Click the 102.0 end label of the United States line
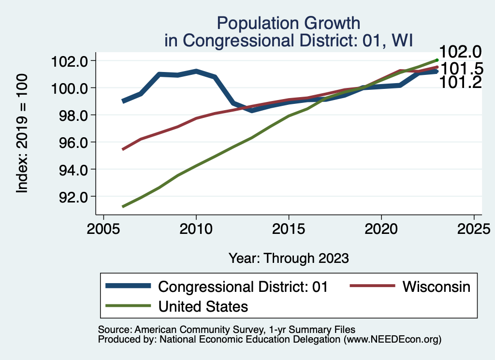point(460,52)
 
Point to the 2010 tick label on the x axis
point(196,228)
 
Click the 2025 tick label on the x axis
point(474,228)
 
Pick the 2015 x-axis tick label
point(289,228)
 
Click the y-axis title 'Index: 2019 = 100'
point(22,134)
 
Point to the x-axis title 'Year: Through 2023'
point(289,258)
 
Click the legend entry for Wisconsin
point(437,286)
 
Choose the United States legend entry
point(203,306)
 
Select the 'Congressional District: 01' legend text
point(243,286)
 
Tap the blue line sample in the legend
point(128,286)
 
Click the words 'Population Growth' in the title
point(289,23)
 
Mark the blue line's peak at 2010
point(196,71)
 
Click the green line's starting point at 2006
point(123,207)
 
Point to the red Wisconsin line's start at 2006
point(123,149)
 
